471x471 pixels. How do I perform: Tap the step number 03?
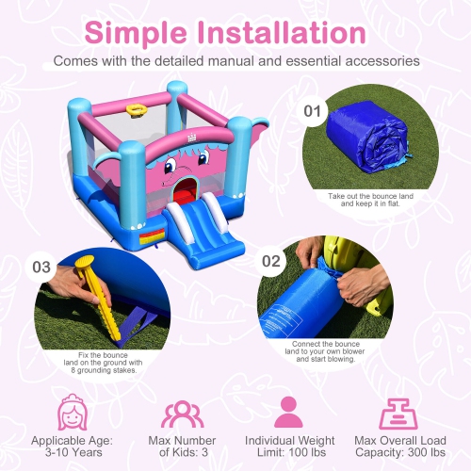click(x=41, y=267)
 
